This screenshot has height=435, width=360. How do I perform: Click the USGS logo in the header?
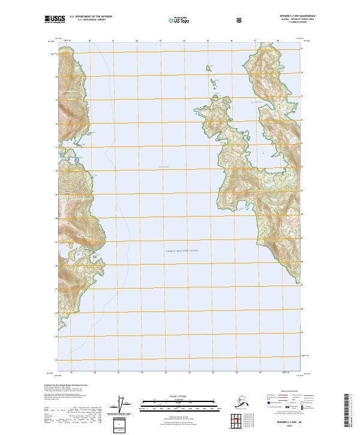(54, 19)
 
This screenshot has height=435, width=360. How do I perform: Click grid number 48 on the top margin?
(278, 41)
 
